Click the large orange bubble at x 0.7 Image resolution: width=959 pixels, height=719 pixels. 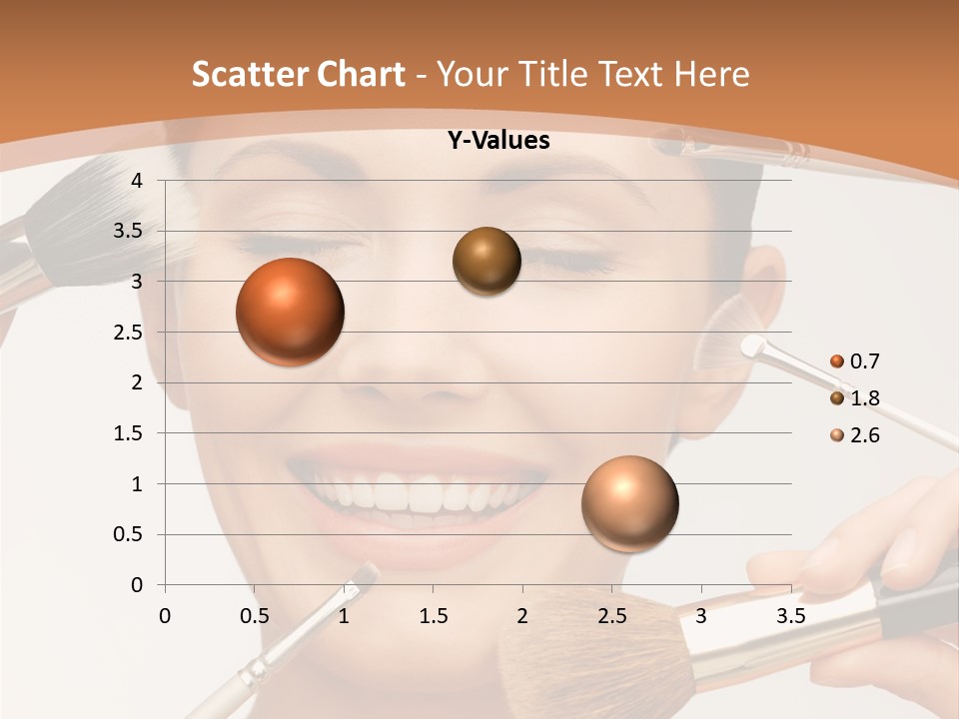pyautogui.click(x=291, y=312)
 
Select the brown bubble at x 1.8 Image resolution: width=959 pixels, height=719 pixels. pyautogui.click(x=486, y=262)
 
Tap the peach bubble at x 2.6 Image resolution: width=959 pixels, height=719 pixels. pyautogui.click(x=629, y=503)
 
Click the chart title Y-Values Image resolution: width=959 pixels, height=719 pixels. pyautogui.click(x=498, y=141)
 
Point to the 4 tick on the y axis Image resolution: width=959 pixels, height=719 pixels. pyautogui.click(x=138, y=181)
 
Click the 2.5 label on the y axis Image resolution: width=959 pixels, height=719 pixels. pyautogui.click(x=130, y=333)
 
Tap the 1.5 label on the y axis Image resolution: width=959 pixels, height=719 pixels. pyautogui.click(x=130, y=433)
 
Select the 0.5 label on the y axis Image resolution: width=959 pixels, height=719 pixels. pyautogui.click(x=130, y=535)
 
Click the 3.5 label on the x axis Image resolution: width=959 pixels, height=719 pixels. pyautogui.click(x=790, y=615)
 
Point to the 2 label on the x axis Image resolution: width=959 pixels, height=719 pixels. pyautogui.click(x=522, y=615)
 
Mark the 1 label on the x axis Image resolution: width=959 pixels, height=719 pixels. pyautogui.click(x=344, y=615)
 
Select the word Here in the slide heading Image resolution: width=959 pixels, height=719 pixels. pyautogui.click(x=711, y=74)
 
